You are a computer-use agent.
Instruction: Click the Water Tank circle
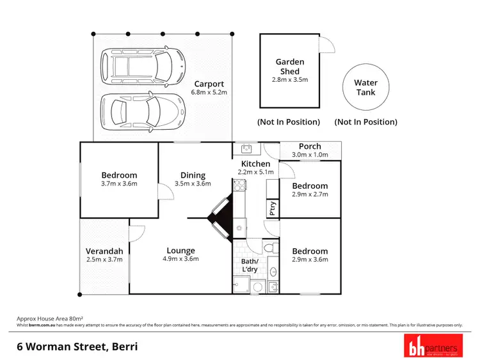pyautogui.click(x=366, y=88)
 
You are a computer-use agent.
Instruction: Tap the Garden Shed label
pyautogui.click(x=290, y=67)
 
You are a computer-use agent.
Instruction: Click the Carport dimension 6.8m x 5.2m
pyautogui.click(x=209, y=93)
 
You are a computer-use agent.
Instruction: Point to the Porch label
pyautogui.click(x=310, y=146)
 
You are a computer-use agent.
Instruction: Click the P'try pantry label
pyautogui.click(x=272, y=208)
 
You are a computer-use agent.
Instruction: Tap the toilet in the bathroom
pyautogui.click(x=273, y=247)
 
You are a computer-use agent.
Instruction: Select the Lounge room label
pyautogui.click(x=180, y=251)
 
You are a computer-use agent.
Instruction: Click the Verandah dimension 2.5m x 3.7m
pyautogui.click(x=104, y=260)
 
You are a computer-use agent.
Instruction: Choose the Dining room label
pyautogui.click(x=193, y=175)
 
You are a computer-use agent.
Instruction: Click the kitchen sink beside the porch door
pyautogui.click(x=246, y=149)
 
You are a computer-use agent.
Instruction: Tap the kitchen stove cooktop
pyautogui.click(x=240, y=186)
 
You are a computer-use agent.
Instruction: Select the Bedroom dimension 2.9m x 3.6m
pyautogui.click(x=310, y=260)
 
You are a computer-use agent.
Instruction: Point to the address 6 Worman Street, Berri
pyautogui.click(x=77, y=347)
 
